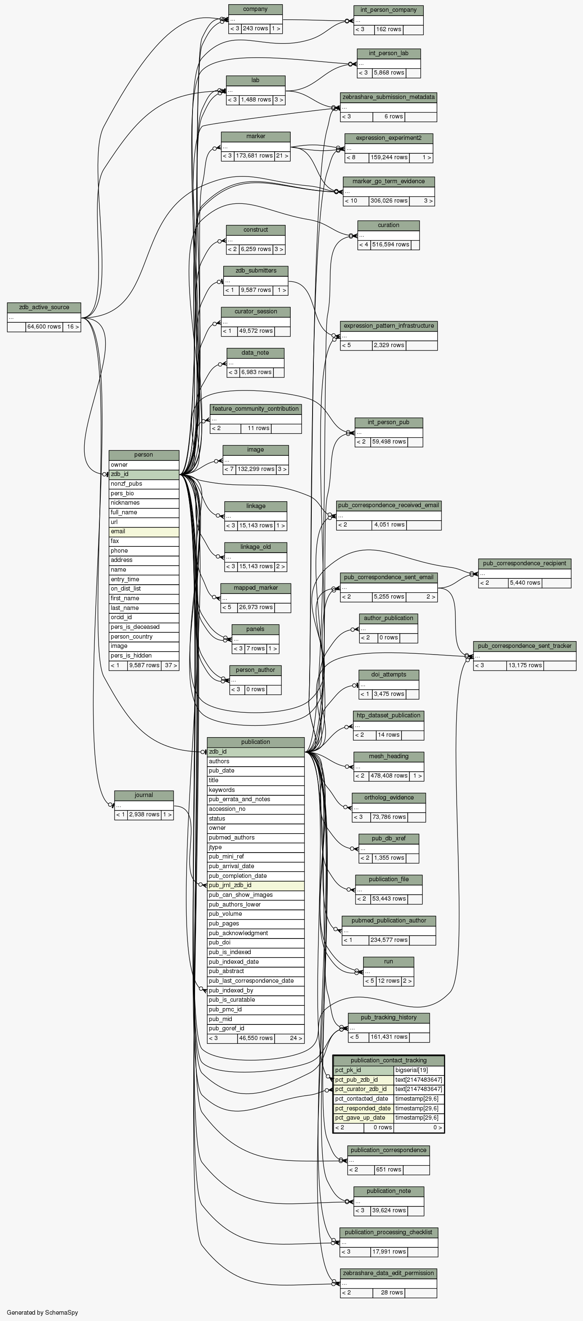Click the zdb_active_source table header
44,307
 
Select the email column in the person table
144,531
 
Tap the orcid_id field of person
144,617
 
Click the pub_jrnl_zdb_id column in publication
255,885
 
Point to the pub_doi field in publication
255,942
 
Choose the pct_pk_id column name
364,1070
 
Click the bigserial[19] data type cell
418,1070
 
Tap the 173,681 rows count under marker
254,156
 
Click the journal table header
144,795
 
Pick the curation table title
388,225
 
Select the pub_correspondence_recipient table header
524,563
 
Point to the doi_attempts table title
388,674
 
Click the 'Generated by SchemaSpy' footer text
43,1312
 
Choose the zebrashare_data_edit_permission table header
388,1273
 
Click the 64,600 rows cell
44,326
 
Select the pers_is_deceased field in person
144,627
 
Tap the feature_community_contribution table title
255,409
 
